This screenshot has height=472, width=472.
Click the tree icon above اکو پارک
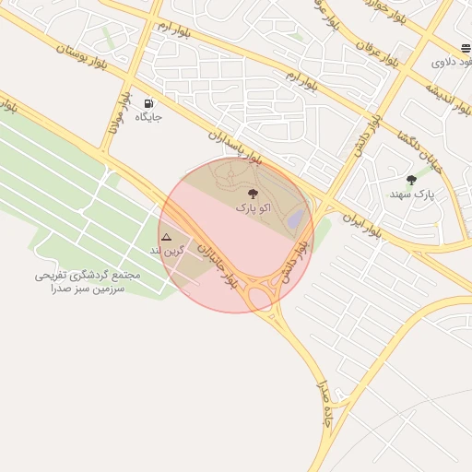[x=254, y=194]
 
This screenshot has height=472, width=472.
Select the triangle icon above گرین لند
[x=166, y=237]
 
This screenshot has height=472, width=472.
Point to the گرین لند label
[x=169, y=251]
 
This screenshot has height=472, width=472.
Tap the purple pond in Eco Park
[x=295, y=219]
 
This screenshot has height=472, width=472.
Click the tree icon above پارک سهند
[x=411, y=180]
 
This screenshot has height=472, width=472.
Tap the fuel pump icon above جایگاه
[x=148, y=102]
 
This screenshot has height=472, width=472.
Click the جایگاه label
[x=148, y=117]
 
